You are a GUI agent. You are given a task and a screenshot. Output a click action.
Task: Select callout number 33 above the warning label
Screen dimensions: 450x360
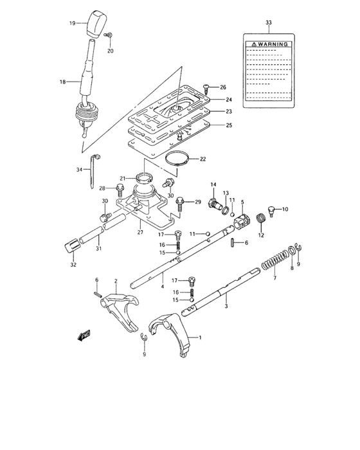tap(268, 23)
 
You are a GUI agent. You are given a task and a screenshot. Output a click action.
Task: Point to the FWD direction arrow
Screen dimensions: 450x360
tap(84, 336)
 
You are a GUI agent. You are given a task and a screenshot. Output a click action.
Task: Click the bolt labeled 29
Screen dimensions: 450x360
tap(180, 204)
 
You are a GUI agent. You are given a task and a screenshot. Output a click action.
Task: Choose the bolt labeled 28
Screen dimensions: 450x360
tap(120, 188)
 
